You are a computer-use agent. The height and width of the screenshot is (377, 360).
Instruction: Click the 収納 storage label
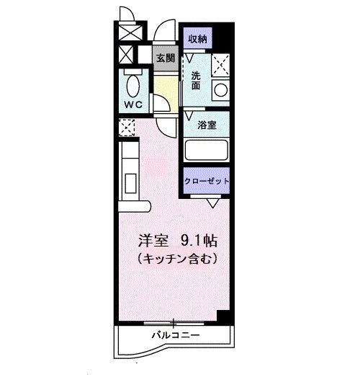coord(198,40)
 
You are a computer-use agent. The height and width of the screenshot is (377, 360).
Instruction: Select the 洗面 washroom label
coord(196,79)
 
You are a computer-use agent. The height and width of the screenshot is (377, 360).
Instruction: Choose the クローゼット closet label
coord(207,181)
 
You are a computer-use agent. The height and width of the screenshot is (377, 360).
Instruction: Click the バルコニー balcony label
coord(175,336)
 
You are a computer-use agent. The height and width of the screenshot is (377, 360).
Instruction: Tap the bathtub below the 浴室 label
coord(207,151)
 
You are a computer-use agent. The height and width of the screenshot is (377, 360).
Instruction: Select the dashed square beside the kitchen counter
coord(127,128)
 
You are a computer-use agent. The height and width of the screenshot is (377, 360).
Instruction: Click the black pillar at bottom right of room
coord(225,316)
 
